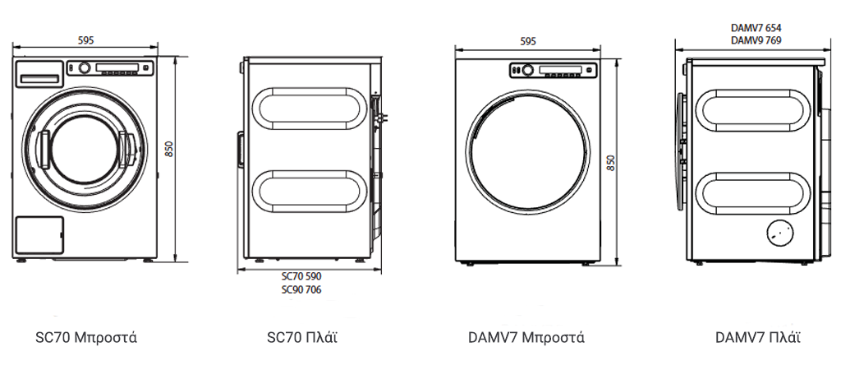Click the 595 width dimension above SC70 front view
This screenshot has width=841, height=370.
tap(85, 39)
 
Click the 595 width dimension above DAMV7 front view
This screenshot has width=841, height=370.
tap(528, 41)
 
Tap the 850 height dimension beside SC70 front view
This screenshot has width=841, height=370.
tap(168, 149)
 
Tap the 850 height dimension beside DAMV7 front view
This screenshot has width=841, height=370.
tap(610, 162)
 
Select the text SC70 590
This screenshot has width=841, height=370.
tap(301, 277)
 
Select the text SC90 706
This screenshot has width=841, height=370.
tap(301, 290)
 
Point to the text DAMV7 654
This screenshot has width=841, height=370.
tap(756, 28)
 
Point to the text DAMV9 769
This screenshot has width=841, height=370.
tap(756, 40)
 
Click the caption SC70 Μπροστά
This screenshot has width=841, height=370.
tap(86, 338)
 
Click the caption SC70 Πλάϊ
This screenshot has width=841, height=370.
tap(302, 338)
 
